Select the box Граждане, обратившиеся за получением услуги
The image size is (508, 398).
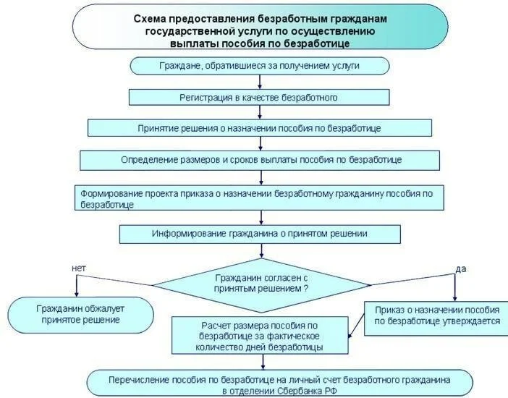tap(259, 66)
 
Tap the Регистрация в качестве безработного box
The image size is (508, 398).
tap(259, 96)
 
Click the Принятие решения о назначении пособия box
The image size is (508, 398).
tap(259, 127)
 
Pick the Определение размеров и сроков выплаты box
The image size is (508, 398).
tap(259, 159)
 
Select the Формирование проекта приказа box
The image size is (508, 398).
tap(259, 199)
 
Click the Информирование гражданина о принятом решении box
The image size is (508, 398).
tap(259, 234)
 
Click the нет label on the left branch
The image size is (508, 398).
tap(79, 268)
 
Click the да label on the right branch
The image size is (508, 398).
tap(460, 268)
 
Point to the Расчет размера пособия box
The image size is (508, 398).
tap(259, 336)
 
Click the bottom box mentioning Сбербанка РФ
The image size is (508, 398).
tap(279, 384)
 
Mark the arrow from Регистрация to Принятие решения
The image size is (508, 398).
tap(259, 112)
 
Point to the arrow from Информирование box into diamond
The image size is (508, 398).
tap(259, 250)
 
